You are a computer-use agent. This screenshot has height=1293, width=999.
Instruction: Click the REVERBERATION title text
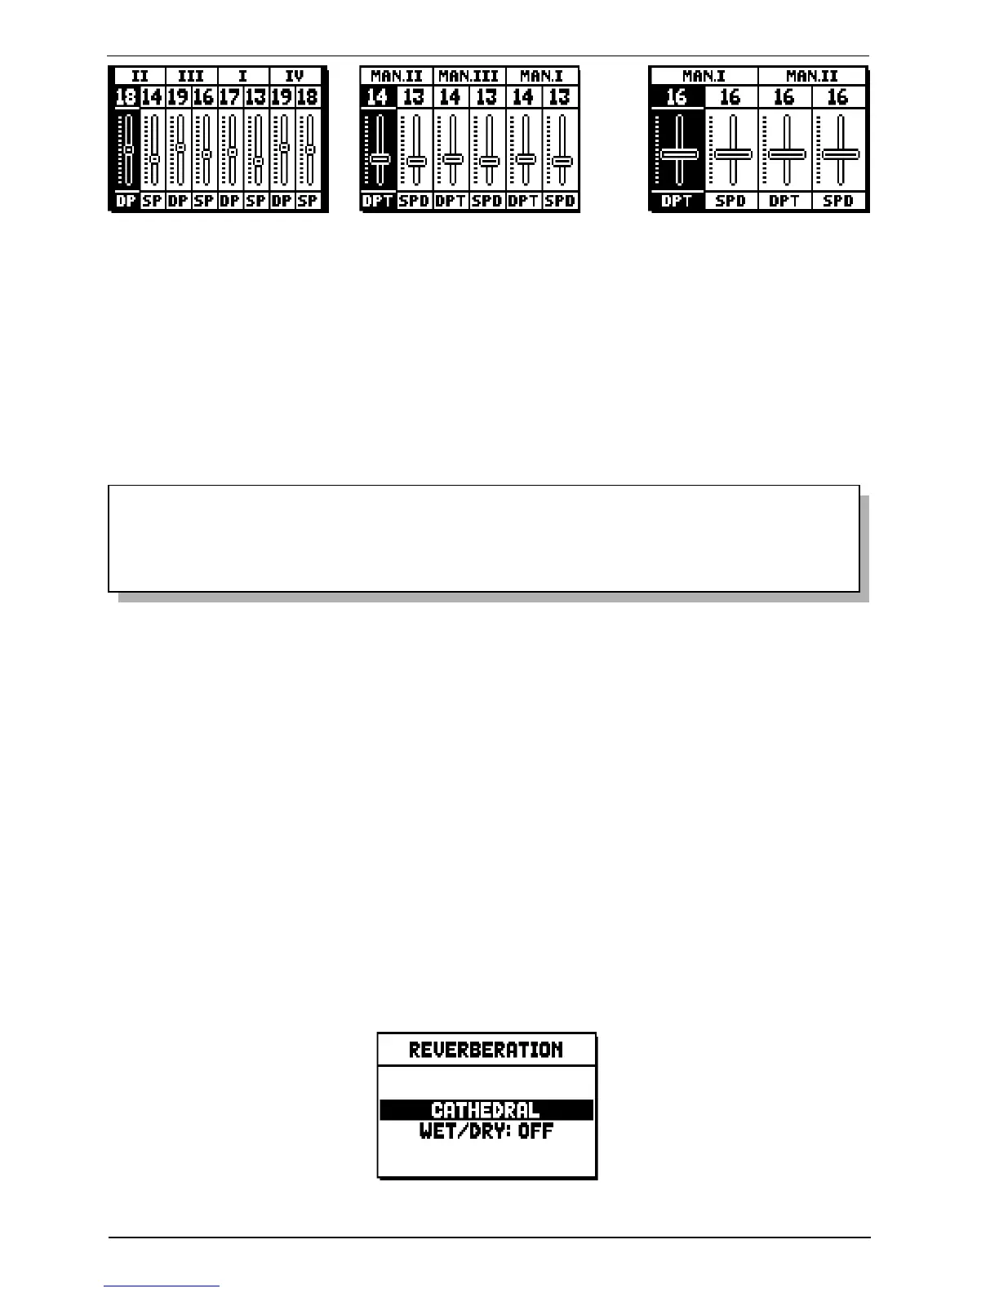(x=486, y=1050)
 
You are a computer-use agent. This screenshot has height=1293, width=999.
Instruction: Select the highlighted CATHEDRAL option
(x=486, y=1110)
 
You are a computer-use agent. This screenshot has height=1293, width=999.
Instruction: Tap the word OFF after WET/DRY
(x=535, y=1131)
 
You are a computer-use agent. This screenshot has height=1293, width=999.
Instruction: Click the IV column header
(x=295, y=76)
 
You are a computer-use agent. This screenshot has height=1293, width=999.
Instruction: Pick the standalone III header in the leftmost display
(x=191, y=76)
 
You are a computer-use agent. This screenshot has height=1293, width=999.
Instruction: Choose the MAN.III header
(x=468, y=76)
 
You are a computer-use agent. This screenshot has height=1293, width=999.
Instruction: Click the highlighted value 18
(x=126, y=97)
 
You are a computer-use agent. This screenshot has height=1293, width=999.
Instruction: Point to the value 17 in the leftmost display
(x=229, y=97)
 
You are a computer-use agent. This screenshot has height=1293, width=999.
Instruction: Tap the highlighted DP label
(x=126, y=201)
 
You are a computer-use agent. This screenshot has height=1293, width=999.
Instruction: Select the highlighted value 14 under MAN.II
(x=377, y=97)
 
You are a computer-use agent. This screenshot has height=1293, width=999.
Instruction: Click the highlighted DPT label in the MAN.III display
(x=378, y=201)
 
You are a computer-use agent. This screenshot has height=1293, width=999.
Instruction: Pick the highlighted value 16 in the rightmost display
(x=677, y=97)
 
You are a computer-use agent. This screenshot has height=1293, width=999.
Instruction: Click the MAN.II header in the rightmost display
(x=812, y=76)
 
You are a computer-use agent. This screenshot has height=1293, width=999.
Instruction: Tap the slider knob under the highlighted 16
(x=678, y=154)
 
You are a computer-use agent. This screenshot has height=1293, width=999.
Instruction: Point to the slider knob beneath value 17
(x=232, y=152)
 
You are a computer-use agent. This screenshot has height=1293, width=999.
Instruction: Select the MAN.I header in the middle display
(x=541, y=76)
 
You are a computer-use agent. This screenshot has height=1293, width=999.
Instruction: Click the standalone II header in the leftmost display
(x=140, y=76)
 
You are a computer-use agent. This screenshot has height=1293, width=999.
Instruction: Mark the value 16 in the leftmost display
(x=203, y=97)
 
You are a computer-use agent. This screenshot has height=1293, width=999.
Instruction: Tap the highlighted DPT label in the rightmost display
(x=677, y=201)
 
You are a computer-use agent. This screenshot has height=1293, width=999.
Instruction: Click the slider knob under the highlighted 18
(x=128, y=149)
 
